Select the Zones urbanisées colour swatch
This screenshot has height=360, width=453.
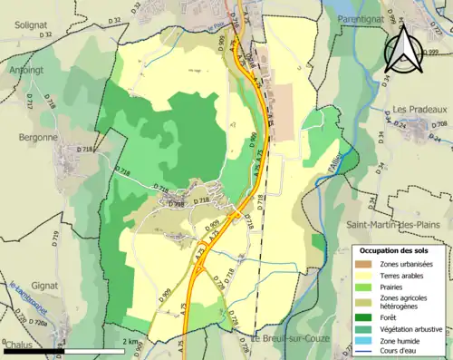point(368,263)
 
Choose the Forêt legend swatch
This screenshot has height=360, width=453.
point(368,316)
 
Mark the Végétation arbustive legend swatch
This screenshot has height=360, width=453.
point(368,328)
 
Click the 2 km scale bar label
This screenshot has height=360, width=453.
point(132,341)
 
